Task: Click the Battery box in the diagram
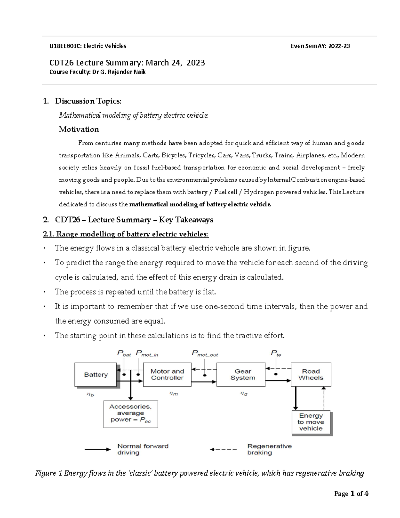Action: tap(96, 375)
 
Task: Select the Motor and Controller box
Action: tap(167, 375)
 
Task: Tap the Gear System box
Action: tap(242, 375)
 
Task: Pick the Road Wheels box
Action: tap(311, 375)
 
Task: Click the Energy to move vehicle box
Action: tap(311, 422)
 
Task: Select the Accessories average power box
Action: tap(130, 414)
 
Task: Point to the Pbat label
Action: tap(124, 354)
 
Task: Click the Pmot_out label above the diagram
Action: tap(205, 354)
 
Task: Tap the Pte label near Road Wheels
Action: tap(276, 354)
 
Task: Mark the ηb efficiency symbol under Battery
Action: tap(90, 394)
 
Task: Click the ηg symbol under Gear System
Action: tap(244, 394)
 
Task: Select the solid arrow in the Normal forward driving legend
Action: tap(97, 449)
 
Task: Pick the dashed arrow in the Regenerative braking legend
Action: tap(223, 449)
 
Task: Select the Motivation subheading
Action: tap(79, 129)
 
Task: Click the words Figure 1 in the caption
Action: tap(49, 473)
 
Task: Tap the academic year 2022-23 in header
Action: tap(339, 46)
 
